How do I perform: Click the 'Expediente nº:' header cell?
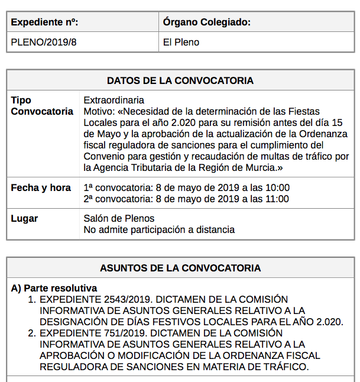tap(45, 22)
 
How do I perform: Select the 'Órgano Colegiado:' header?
tap(207, 22)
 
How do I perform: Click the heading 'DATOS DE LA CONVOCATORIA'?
tap(180, 80)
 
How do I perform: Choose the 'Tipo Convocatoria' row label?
tap(42, 106)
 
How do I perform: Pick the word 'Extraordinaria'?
tap(114, 101)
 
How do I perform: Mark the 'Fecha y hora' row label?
tap(41, 188)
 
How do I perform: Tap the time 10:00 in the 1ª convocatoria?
tap(278, 188)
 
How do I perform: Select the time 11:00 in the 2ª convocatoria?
tap(278, 199)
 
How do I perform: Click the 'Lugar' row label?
tap(24, 219)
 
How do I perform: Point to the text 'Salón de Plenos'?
tap(119, 219)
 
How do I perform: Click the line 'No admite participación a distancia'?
tap(159, 229)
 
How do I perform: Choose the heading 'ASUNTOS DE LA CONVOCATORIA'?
tap(180, 268)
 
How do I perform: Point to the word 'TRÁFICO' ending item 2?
tap(287, 367)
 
